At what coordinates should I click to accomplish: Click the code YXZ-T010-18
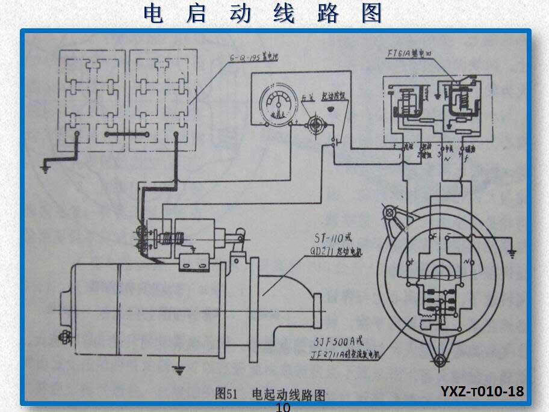tap(482, 392)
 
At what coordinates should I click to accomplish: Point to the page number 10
tap(282, 408)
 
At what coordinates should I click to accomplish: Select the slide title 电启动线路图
tap(263, 14)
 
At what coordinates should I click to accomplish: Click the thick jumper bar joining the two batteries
tap(126, 133)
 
